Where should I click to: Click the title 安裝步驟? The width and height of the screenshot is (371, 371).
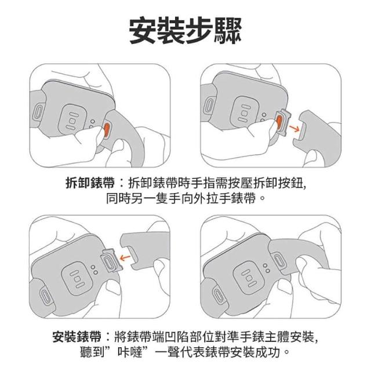(185, 30)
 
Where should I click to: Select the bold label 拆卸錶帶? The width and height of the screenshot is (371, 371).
(90, 183)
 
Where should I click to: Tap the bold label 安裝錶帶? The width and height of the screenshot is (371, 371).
(77, 337)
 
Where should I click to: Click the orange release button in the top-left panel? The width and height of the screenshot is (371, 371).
(107, 129)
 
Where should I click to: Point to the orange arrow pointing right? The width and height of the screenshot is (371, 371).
(294, 129)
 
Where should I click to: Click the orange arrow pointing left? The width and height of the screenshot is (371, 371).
(125, 257)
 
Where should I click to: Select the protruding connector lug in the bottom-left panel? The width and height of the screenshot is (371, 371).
(111, 260)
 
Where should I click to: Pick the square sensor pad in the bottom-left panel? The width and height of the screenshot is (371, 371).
(77, 278)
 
